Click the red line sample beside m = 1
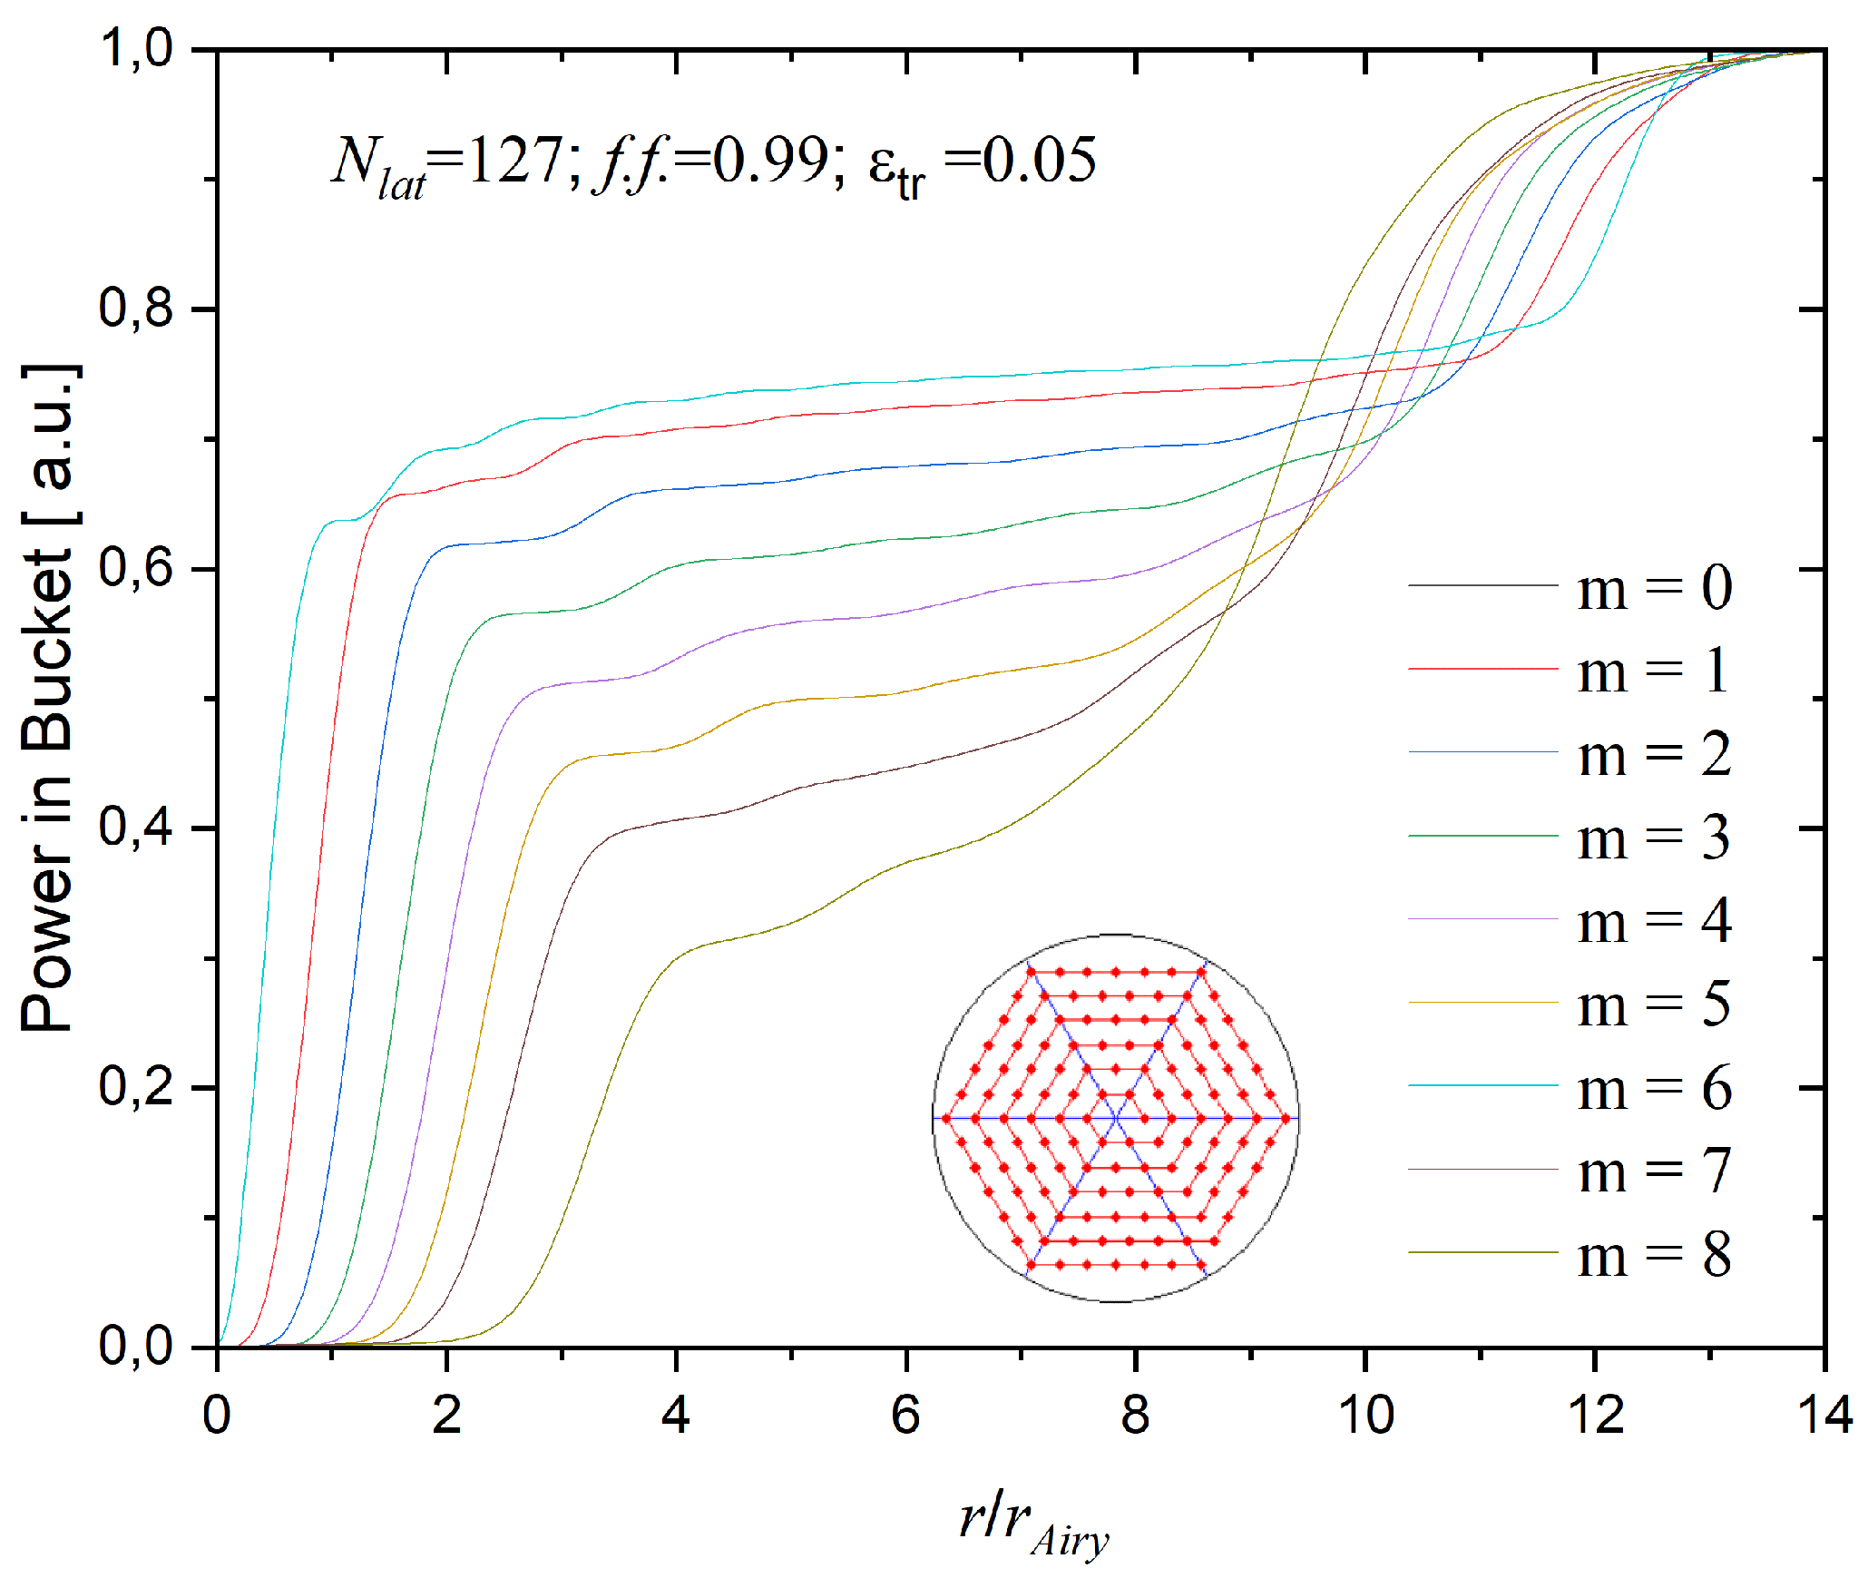[x=1482, y=669]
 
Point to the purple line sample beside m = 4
[x=1482, y=919]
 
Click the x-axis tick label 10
[x=1365, y=1415]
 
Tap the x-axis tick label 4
[x=676, y=1415]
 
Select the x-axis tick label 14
[x=1824, y=1415]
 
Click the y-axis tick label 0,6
[x=136, y=568]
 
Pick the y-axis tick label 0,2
[x=136, y=1086]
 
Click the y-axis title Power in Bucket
[x=47, y=699]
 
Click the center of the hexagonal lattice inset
[x=1115, y=1119]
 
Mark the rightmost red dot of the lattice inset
[x=1286, y=1119]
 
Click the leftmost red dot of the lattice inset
[x=945, y=1119]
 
